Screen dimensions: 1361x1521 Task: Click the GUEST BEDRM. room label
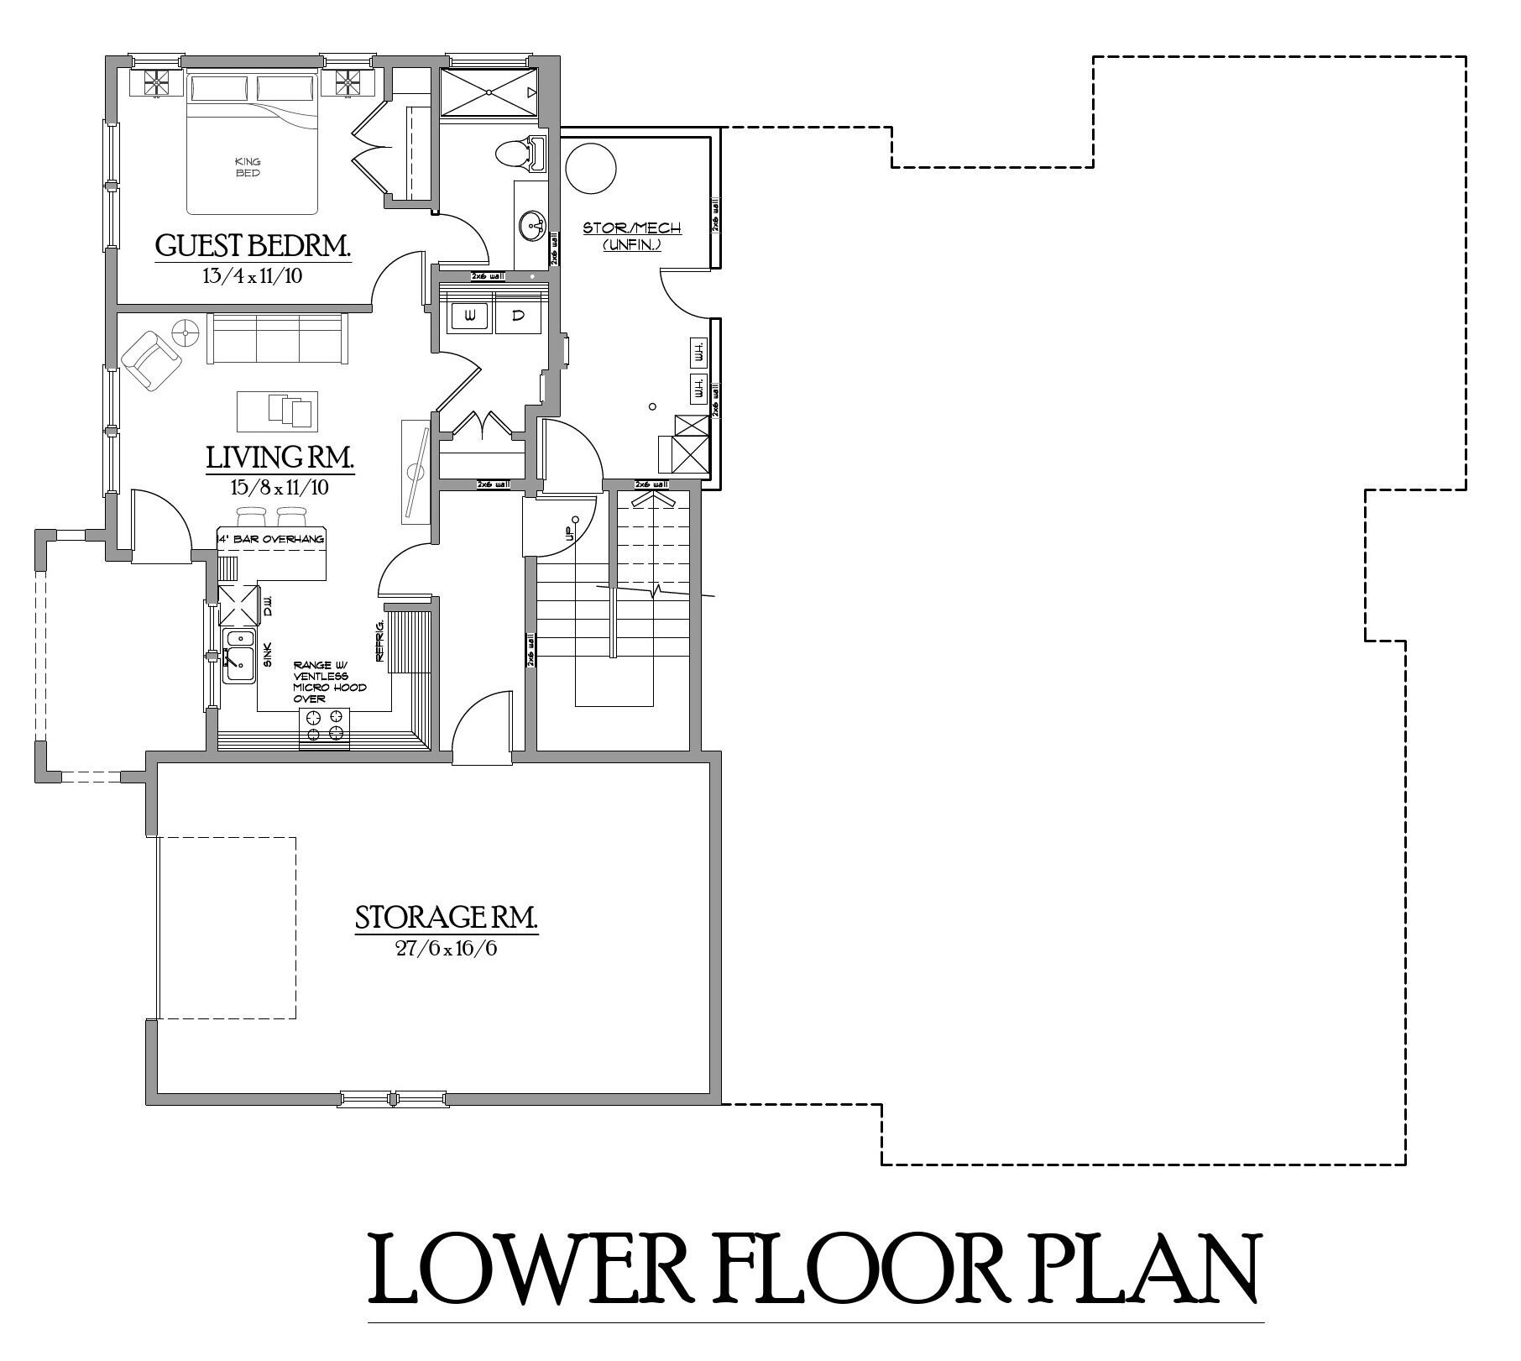252,246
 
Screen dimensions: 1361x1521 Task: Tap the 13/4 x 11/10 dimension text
252,275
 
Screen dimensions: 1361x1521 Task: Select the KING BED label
248,167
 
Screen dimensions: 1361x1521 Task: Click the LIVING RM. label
280,458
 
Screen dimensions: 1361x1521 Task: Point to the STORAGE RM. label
446,918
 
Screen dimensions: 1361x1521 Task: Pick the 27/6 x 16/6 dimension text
446,949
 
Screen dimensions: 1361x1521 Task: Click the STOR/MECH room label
632,228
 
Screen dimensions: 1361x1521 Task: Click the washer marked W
470,316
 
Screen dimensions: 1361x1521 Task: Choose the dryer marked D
518,316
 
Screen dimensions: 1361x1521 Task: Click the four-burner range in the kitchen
324,725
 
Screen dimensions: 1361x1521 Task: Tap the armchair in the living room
152,359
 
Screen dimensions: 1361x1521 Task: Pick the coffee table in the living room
277,410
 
